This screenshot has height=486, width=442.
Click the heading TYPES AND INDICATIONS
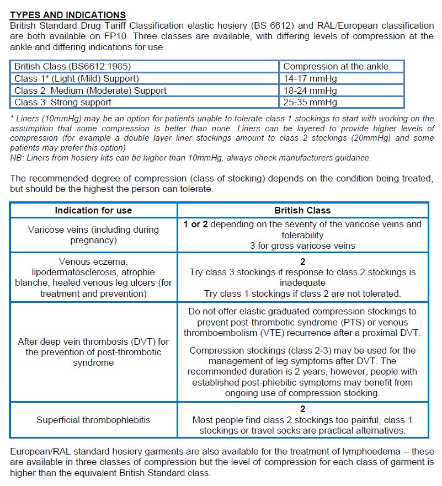(68, 15)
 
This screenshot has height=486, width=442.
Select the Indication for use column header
(93, 210)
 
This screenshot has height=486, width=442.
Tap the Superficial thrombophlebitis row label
(93, 420)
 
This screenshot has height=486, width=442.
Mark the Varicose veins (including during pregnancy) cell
(93, 234)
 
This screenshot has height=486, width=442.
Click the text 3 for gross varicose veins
(302, 245)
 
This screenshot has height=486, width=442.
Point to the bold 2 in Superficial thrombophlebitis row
(302, 409)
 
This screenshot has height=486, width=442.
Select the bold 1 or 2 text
(196, 224)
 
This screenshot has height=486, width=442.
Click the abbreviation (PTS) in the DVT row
(337, 322)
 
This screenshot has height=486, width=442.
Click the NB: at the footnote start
(17, 158)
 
